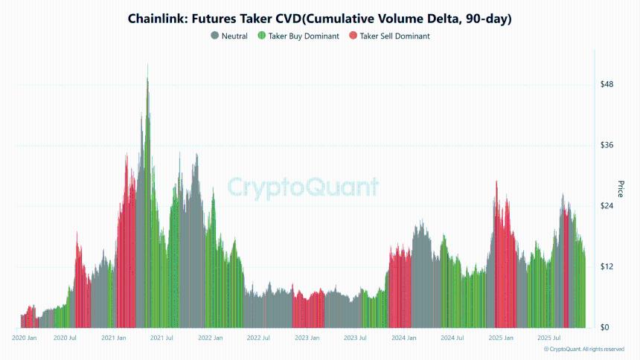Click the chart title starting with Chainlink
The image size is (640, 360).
point(320,18)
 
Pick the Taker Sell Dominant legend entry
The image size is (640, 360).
point(394,36)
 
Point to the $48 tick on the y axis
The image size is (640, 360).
point(607,84)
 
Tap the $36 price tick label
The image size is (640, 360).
point(607,145)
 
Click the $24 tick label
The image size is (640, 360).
point(607,206)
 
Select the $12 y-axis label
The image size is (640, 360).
point(607,267)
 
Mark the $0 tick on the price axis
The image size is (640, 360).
point(604,328)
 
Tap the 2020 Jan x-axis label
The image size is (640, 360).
point(25,338)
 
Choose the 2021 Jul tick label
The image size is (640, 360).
point(161,338)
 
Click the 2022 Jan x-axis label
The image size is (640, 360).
point(211,338)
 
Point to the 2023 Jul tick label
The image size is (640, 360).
point(355,338)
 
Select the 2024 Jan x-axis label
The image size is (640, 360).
point(403,338)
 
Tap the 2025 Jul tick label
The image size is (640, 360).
point(548,338)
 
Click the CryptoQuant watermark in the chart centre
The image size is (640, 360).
point(302,187)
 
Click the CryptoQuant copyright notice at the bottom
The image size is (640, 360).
point(584,349)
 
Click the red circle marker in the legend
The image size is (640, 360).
point(353,36)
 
